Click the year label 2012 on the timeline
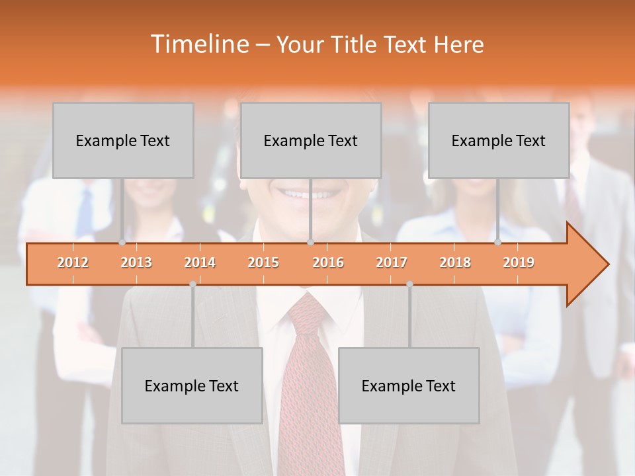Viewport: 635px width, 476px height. pyautogui.click(x=73, y=263)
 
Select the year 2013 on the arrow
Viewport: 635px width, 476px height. pyautogui.click(x=136, y=263)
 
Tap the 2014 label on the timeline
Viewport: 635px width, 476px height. pyautogui.click(x=200, y=263)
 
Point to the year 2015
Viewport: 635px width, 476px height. pyautogui.click(x=263, y=263)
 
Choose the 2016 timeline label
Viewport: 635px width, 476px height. pyautogui.click(x=328, y=263)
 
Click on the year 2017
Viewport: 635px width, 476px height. pyautogui.click(x=392, y=263)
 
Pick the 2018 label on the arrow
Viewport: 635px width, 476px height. pyautogui.click(x=455, y=263)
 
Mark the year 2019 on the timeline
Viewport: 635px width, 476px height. pyautogui.click(x=519, y=263)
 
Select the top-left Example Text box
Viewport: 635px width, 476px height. pyautogui.click(x=123, y=140)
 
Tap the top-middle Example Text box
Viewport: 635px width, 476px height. pyautogui.click(x=311, y=140)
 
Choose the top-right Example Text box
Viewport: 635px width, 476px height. pyautogui.click(x=499, y=140)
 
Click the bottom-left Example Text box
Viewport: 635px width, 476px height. pyautogui.click(x=192, y=385)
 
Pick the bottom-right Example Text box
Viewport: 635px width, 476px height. pyautogui.click(x=409, y=385)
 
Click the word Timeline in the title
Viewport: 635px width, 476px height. pyautogui.click(x=199, y=44)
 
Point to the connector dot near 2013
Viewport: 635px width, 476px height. pyautogui.click(x=122, y=243)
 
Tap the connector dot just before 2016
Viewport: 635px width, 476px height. pyautogui.click(x=310, y=243)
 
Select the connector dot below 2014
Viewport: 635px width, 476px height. pyautogui.click(x=192, y=284)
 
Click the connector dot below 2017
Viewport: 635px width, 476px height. pyautogui.click(x=409, y=284)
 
